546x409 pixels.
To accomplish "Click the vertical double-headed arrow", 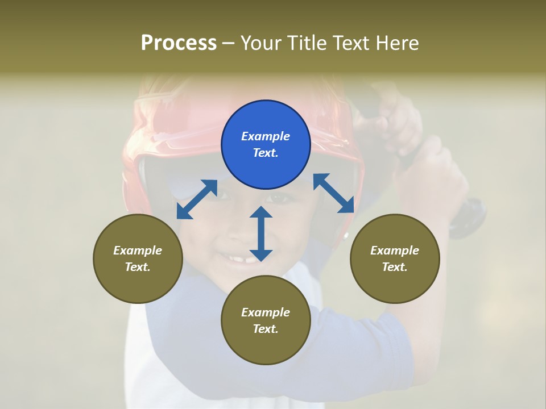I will pyautogui.click(x=261, y=233).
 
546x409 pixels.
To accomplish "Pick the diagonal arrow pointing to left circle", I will pyautogui.click(x=197, y=199).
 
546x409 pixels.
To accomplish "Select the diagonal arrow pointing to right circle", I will pyautogui.click(x=333, y=193).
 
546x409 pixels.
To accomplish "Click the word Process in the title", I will pyautogui.click(x=179, y=43).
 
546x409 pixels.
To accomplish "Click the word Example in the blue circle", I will pyautogui.click(x=266, y=136).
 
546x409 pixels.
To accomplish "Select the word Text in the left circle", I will pyautogui.click(x=138, y=267).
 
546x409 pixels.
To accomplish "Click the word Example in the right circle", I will pyautogui.click(x=395, y=251).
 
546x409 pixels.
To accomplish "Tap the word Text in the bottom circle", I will pyautogui.click(x=265, y=329).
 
